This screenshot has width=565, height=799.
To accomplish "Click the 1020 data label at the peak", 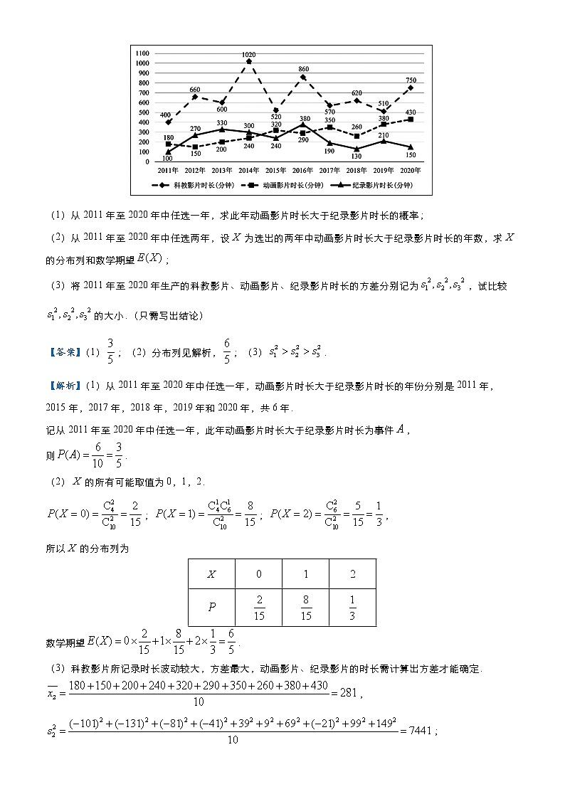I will (249, 54).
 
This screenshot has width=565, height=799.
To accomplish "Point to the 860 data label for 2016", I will (303, 69).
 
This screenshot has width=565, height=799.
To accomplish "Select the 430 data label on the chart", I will (411, 112).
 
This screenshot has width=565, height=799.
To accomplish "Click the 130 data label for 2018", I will (356, 157).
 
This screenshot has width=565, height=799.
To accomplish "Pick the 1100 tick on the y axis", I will (142, 53).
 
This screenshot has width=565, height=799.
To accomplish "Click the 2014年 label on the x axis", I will (248, 171).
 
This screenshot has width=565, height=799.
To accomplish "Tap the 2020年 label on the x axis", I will (411, 171).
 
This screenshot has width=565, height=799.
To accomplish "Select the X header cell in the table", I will (211, 574).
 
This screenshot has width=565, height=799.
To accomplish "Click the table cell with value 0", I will (258, 574).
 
